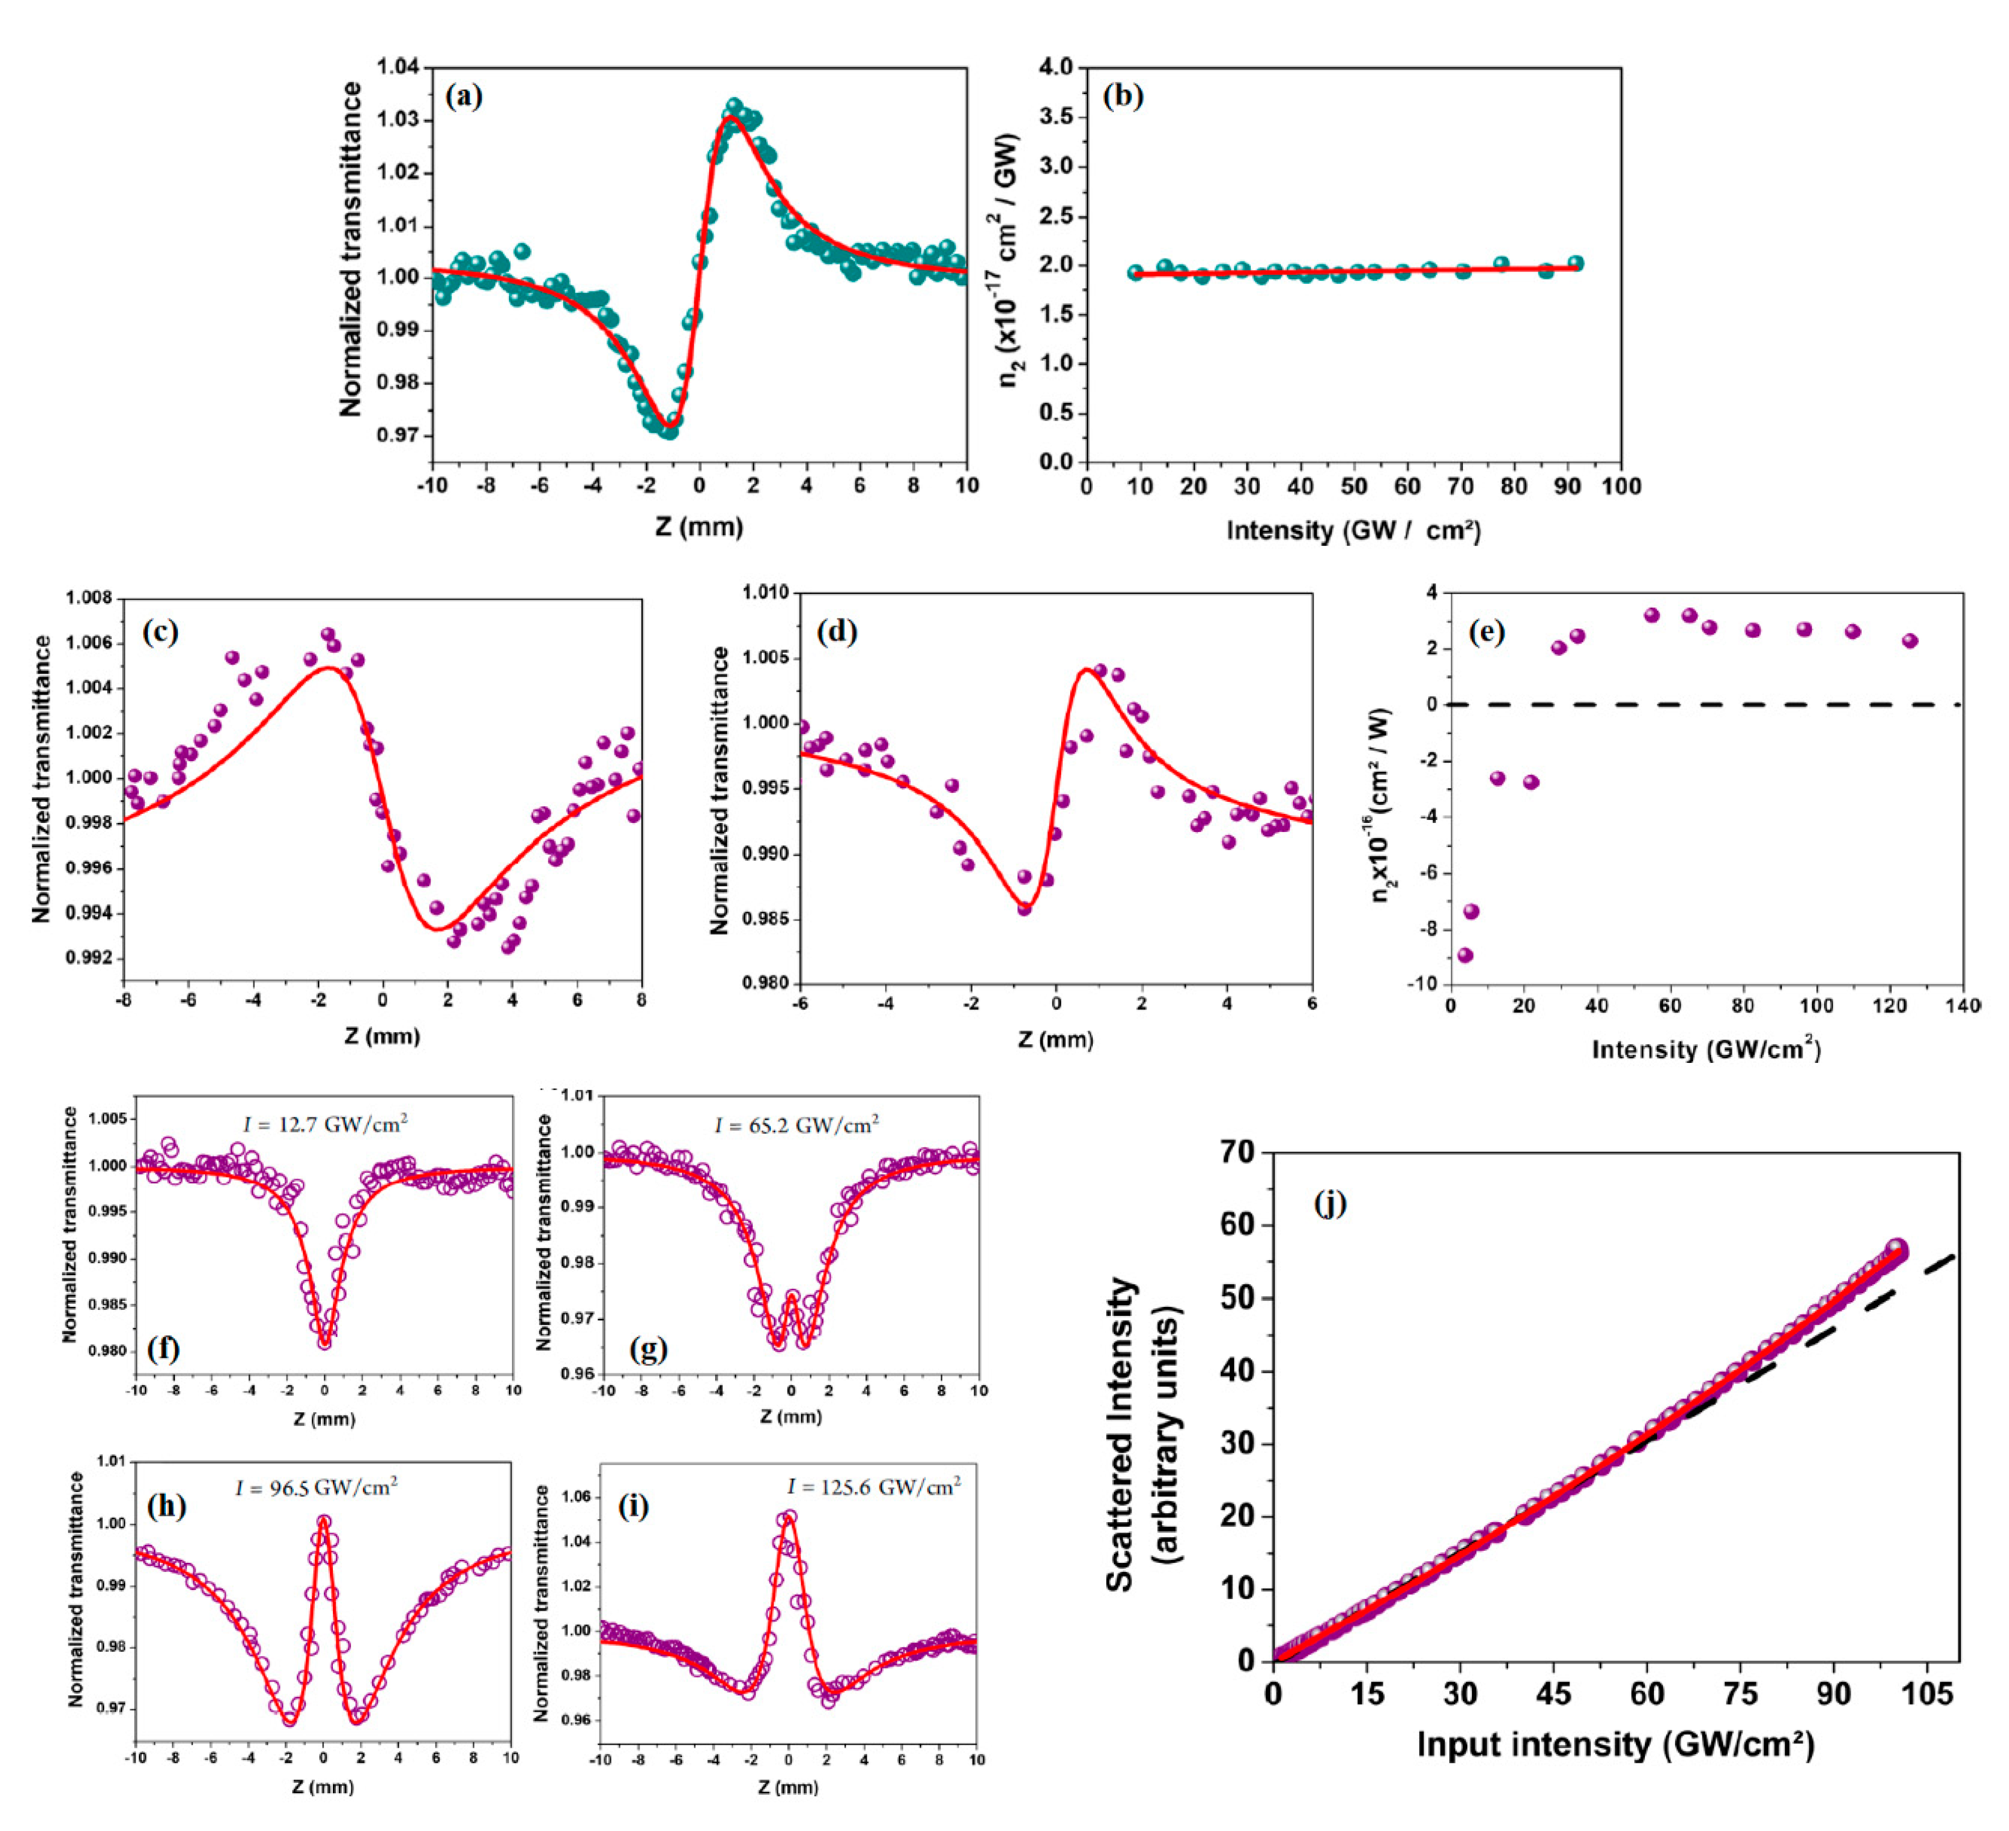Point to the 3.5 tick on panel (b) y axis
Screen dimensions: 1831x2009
[1057, 117]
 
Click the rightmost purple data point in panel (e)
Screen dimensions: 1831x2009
[1909, 641]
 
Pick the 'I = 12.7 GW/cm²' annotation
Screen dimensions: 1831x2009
[325, 1124]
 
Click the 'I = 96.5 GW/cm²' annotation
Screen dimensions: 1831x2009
[316, 1487]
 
